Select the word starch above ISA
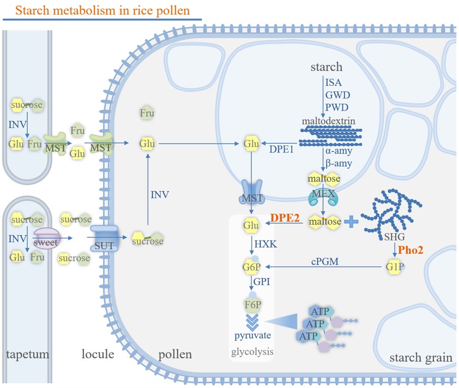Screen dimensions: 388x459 326,67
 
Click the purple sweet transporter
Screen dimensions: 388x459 46,239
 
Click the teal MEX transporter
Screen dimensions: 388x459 323,196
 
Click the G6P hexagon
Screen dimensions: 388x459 251,267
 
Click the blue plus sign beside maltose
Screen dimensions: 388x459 353,221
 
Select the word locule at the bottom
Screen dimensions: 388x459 98,355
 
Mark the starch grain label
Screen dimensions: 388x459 421,358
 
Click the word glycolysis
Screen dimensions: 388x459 252,352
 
